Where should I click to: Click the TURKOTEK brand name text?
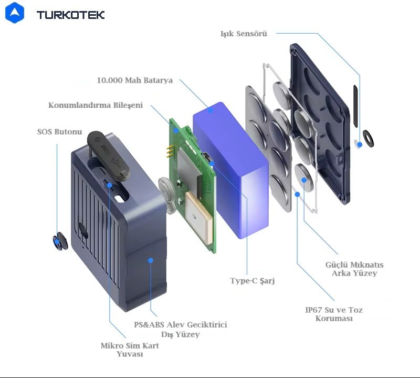pos(70,15)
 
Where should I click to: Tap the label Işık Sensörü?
pos(244,34)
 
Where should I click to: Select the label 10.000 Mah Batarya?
pos(135,80)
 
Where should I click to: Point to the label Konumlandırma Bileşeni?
pos(96,105)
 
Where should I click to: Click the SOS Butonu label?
pos(56,131)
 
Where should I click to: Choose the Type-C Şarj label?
pos(253,281)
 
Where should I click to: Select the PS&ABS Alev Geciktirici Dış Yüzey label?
pos(181,330)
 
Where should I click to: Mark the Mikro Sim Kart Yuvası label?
pos(130,350)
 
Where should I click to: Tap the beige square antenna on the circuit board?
pos(199,215)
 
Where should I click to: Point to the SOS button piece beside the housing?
pos(59,242)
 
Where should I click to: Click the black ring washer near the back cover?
pos(367,137)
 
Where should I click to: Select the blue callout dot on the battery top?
pos(211,110)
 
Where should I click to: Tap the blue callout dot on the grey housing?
pos(151,260)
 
